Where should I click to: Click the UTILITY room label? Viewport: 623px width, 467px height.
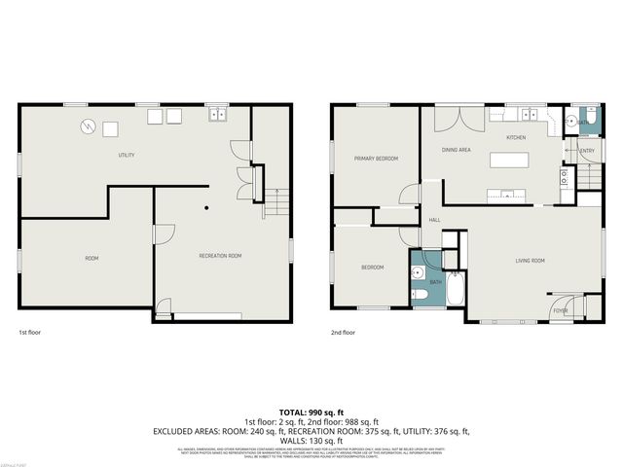pyautogui.click(x=126, y=156)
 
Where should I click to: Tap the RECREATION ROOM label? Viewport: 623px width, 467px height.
pyautogui.click(x=220, y=256)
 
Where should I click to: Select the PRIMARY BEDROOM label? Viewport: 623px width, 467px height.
pyautogui.click(x=376, y=158)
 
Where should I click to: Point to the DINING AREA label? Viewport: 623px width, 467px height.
pyautogui.click(x=457, y=150)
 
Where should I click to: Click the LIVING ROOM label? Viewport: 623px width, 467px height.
pyautogui.click(x=530, y=261)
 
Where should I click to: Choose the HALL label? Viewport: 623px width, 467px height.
pyautogui.click(x=434, y=220)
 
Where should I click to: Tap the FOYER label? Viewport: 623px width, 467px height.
pyautogui.click(x=561, y=310)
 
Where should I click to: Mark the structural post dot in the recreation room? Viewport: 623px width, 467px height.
pyautogui.click(x=206, y=208)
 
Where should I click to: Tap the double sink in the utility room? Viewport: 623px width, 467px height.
pyautogui.click(x=218, y=116)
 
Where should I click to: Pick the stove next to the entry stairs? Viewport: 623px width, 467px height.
pyautogui.click(x=564, y=176)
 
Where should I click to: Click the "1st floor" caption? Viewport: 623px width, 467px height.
pyautogui.click(x=30, y=332)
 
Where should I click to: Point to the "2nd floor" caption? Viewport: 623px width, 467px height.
pyautogui.click(x=343, y=332)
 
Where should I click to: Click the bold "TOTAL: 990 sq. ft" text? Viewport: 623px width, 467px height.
pyautogui.click(x=311, y=412)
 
